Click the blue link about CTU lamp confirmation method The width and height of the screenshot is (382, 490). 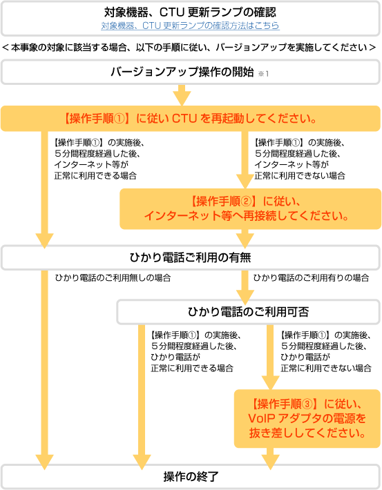190,26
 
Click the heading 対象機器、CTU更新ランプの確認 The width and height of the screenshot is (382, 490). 190,12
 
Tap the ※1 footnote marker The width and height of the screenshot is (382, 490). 263,74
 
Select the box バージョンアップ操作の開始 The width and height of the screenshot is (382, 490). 191,72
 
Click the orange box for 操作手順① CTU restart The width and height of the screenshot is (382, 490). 191,119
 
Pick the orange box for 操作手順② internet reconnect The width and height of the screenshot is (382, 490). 250,208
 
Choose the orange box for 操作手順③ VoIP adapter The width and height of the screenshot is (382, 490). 307,418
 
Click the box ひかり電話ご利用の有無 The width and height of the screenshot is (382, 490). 191,257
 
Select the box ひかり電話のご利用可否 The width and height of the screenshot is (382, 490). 249,312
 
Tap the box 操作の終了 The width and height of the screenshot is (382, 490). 191,477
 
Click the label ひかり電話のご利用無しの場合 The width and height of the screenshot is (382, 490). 113,278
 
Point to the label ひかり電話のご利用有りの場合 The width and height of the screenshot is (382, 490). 311,278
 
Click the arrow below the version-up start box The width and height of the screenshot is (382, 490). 182,95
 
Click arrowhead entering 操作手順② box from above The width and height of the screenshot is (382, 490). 245,182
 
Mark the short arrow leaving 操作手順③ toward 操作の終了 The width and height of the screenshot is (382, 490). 270,459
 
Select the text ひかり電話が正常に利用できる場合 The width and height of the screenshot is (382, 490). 192,362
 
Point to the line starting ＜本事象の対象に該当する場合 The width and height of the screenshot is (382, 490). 189,48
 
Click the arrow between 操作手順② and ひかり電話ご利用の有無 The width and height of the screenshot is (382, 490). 245,239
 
